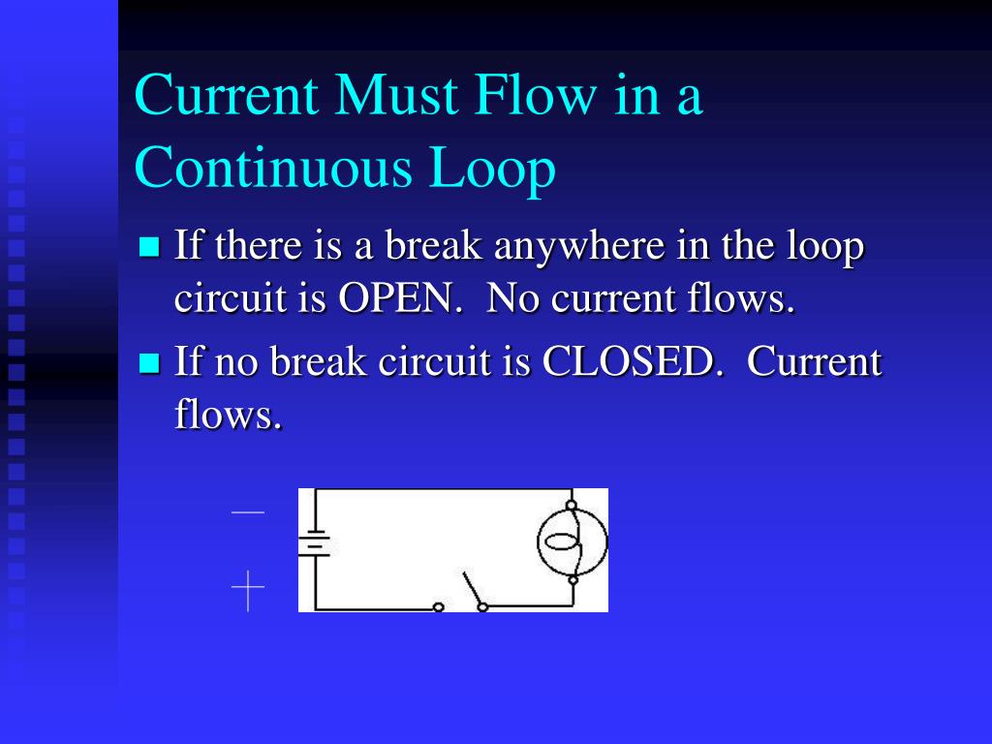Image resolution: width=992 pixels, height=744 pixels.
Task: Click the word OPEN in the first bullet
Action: click(398, 299)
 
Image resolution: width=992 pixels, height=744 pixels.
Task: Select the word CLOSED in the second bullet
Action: click(633, 362)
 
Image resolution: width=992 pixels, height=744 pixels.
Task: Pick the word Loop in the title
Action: click(493, 170)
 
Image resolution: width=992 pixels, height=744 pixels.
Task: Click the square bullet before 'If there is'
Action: click(149, 246)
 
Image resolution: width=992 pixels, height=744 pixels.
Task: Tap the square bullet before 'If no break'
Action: click(149, 363)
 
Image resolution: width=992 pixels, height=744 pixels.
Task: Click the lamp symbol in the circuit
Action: click(572, 542)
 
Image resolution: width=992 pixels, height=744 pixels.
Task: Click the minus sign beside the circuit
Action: click(248, 511)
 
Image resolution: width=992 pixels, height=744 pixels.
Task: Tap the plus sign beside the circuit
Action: click(248, 591)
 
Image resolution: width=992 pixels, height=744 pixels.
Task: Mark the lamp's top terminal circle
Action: click(572, 505)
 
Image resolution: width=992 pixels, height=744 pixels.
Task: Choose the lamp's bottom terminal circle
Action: click(573, 580)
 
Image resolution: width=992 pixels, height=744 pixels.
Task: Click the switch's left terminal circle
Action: click(439, 607)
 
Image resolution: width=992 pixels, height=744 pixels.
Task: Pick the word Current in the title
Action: click(228, 96)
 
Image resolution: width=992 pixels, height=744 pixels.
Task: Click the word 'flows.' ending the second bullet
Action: click(229, 416)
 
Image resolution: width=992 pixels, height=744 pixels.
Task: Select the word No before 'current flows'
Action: click(512, 299)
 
